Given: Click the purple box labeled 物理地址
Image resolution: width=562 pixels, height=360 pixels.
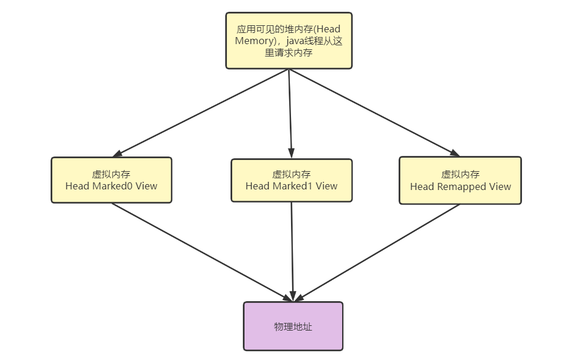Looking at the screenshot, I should click(293, 326).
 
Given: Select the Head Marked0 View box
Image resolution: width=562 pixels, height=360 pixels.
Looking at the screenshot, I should click(111, 180).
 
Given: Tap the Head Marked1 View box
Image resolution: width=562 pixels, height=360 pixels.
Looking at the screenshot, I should click(292, 181).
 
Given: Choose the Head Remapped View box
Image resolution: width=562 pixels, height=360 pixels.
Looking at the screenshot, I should click(460, 180).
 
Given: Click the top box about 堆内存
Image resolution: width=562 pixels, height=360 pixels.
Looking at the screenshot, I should click(289, 41).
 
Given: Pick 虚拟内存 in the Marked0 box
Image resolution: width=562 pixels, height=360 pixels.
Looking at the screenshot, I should click(111, 174).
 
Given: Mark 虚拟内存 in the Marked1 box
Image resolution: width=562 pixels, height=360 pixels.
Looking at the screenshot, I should click(291, 175).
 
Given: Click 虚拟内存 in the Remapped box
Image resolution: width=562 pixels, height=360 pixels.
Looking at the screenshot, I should click(460, 174).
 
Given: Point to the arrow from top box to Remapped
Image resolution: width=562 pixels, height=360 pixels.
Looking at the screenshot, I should click(374, 112).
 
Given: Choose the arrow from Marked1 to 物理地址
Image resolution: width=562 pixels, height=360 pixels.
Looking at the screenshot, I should click(292, 251).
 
